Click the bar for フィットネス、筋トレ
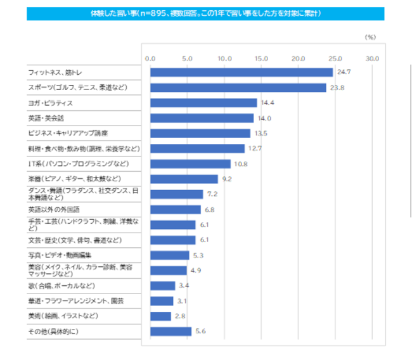(241, 72)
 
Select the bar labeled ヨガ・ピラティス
(203, 103)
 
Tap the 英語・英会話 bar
(202, 118)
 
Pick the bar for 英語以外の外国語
(175, 209)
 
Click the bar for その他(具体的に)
(171, 331)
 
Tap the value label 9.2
(227, 179)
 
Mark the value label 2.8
(180, 316)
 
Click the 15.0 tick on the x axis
(261, 58)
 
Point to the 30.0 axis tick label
(371, 58)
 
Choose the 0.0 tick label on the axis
(150, 58)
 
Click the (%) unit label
(371, 37)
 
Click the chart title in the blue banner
(205, 13)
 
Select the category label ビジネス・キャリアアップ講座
(68, 133)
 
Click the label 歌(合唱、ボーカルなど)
(61, 286)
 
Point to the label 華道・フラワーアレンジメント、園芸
(76, 300)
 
